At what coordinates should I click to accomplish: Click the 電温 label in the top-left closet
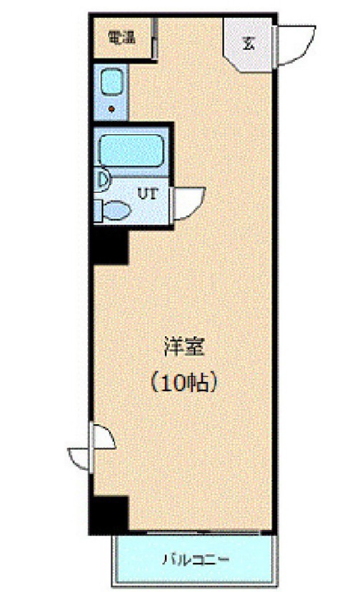[x=121, y=38]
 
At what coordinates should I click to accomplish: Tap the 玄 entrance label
[x=248, y=44]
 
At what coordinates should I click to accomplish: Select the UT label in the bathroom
[x=147, y=194]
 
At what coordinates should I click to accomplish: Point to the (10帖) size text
[x=184, y=383]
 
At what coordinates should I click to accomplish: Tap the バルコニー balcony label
[x=196, y=558]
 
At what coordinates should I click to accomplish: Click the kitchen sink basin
[x=111, y=82]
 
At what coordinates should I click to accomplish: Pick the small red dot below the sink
[x=111, y=109]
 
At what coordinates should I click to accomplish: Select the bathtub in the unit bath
[x=131, y=151]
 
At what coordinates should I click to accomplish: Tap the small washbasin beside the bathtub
[x=102, y=180]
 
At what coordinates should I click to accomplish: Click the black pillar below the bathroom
[x=110, y=247]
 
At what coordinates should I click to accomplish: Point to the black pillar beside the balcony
[x=110, y=515]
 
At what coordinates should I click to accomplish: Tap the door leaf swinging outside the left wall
[x=80, y=459]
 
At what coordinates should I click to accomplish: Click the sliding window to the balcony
[x=202, y=533]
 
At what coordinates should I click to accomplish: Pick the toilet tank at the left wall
[x=99, y=211]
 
